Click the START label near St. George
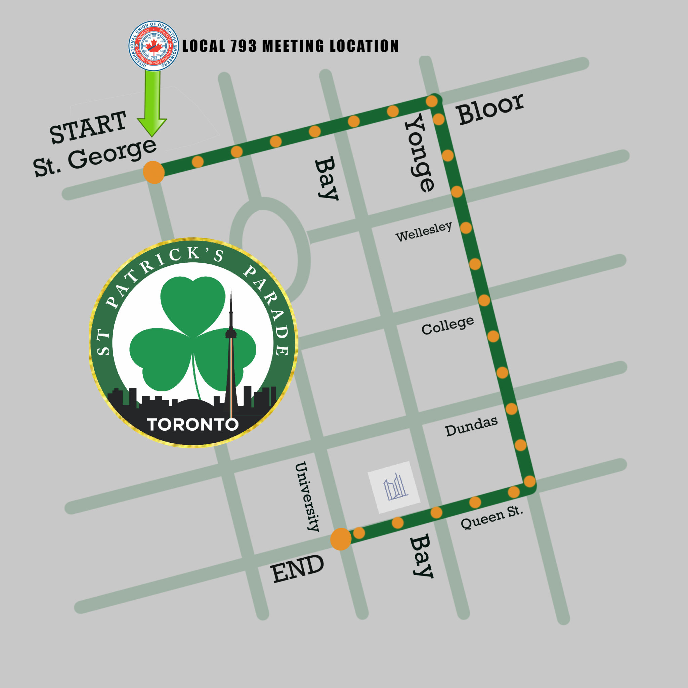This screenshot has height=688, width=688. click(88, 127)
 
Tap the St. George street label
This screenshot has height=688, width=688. click(94, 157)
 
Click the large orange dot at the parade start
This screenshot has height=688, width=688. click(154, 172)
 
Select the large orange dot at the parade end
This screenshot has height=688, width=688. click(341, 539)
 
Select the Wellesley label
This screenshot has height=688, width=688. click(424, 231)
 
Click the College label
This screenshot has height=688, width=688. click(447, 325)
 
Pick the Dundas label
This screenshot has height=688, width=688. click(471, 426)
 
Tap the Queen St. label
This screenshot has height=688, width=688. click(492, 518)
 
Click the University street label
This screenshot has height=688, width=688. click(307, 497)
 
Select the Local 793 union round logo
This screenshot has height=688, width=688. click(154, 46)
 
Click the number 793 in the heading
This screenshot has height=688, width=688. click(243, 46)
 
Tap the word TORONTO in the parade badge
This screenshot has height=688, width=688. click(192, 425)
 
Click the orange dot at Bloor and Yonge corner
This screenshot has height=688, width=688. click(432, 101)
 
